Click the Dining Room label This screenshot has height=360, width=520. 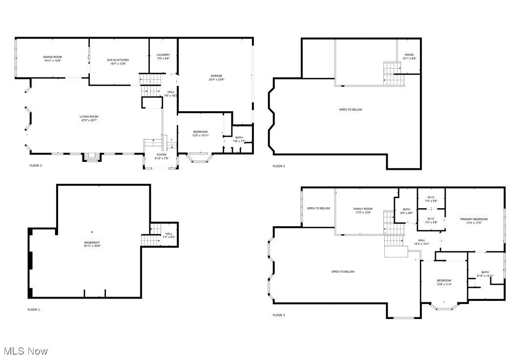(53, 57)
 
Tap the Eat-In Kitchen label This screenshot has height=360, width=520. (118, 60)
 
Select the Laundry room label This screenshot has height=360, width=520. (163, 55)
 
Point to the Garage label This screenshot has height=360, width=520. (216, 76)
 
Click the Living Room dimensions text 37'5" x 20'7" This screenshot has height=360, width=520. (89, 120)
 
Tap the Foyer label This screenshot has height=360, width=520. (161, 155)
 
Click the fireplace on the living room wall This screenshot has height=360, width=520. (91, 157)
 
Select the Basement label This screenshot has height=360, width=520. (92, 242)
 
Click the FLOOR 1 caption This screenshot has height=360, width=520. (34, 309)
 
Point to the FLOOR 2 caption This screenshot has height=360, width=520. (36, 165)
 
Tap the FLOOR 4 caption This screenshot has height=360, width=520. (279, 166)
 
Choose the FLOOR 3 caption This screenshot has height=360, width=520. (279, 315)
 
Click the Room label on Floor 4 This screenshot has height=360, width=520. (409, 55)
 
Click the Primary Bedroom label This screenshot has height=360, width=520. (474, 219)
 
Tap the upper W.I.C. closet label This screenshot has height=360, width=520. (431, 198)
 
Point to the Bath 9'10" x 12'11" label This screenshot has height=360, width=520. (485, 272)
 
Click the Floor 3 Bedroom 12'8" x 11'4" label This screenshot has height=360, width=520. (444, 280)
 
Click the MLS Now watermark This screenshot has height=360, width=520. (26, 351)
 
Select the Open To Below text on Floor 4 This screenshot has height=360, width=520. (351, 110)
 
